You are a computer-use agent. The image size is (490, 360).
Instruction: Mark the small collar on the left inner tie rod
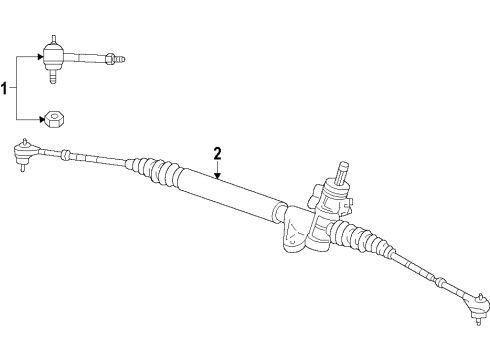click(65, 154)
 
